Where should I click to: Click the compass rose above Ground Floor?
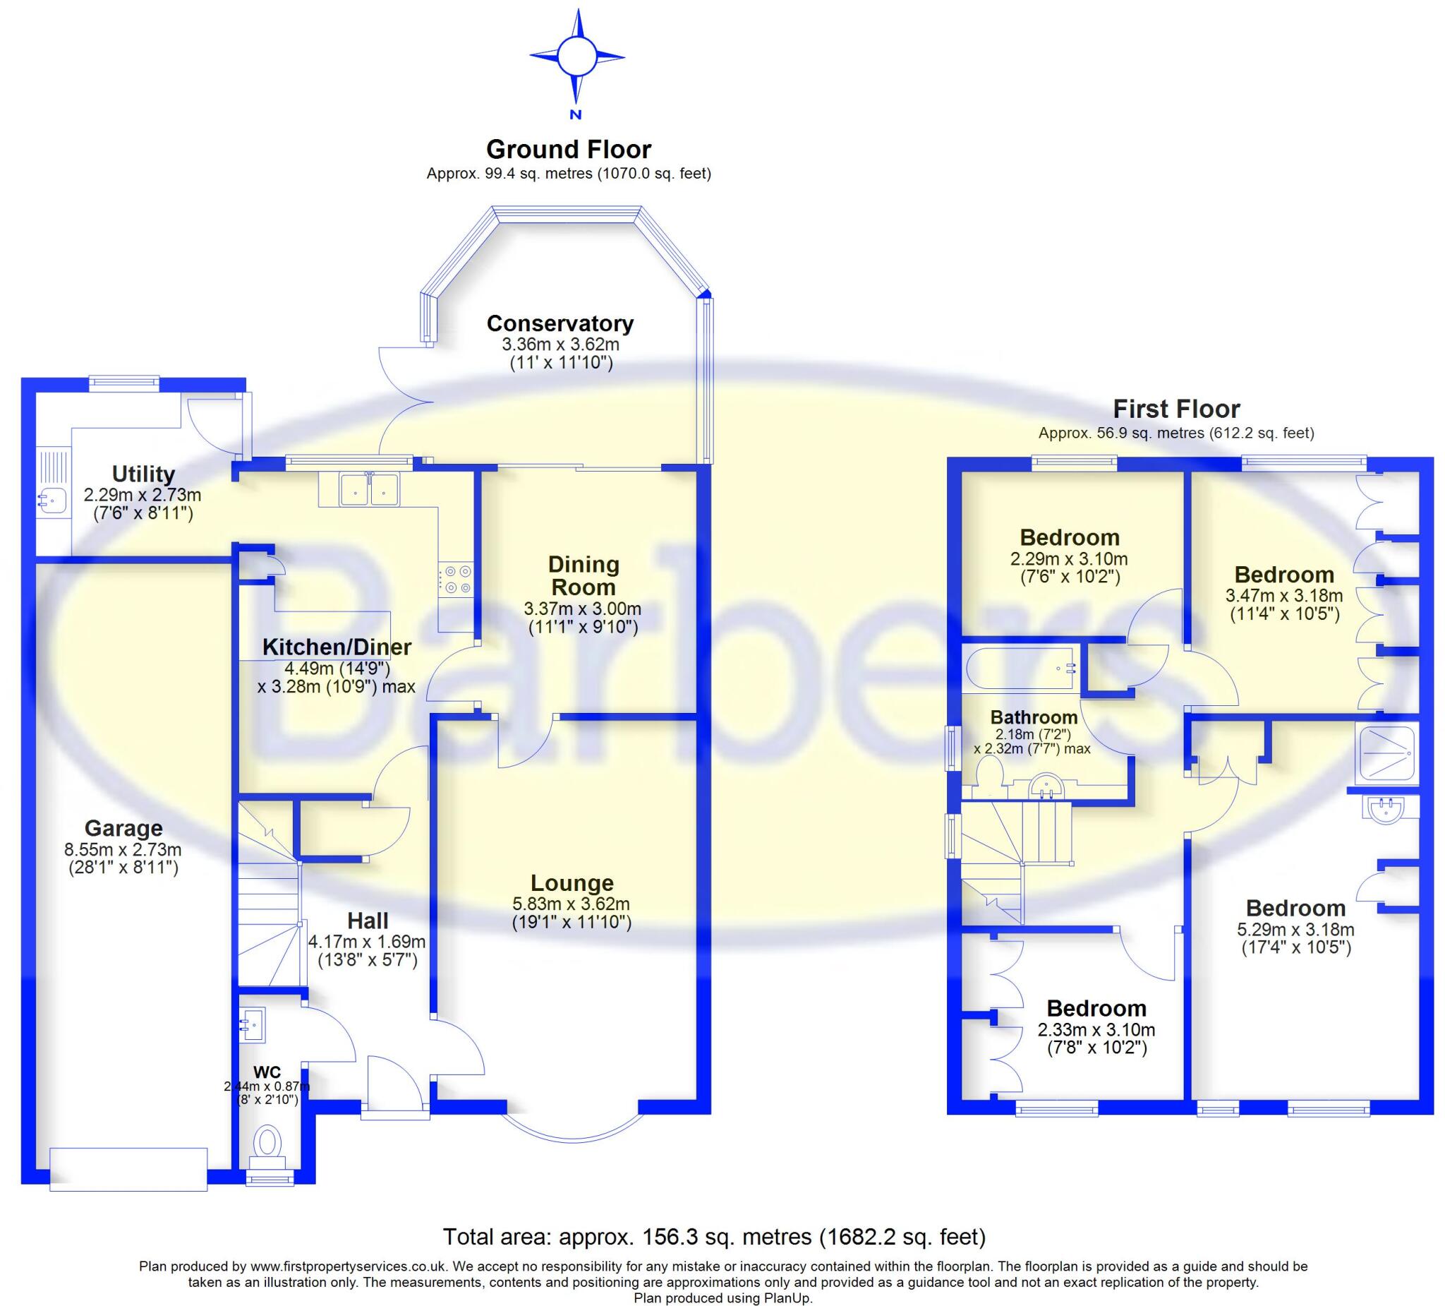576,56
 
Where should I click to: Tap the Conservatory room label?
560,323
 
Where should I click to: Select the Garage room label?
123,828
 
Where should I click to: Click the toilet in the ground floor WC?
269,1142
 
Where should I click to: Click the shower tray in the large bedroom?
1386,755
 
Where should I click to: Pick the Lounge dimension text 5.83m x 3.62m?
572,904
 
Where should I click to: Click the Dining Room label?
583,575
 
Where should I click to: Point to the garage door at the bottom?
128,1169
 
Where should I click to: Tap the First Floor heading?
1175,409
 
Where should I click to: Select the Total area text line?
714,1237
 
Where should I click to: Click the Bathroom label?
1034,717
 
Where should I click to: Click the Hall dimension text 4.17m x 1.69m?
366,942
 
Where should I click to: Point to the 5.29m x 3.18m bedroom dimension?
1295,930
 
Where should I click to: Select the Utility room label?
143,474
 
